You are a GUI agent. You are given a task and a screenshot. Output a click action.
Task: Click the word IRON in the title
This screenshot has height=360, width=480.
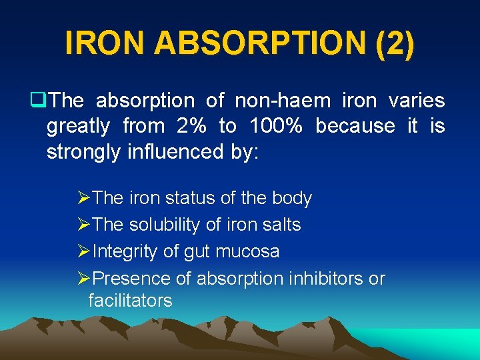(x=105, y=43)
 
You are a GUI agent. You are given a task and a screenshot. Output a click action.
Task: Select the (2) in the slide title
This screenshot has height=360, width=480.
(x=395, y=43)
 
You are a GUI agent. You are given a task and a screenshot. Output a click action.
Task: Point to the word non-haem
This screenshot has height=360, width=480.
(x=283, y=101)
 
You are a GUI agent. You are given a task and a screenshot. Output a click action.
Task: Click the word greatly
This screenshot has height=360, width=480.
(x=79, y=127)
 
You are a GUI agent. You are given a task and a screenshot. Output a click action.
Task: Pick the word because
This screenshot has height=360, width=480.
(x=355, y=126)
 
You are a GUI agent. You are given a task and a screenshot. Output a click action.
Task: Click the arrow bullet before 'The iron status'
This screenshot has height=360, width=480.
(x=83, y=198)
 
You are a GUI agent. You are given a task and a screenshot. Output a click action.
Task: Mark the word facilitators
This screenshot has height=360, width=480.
(x=130, y=301)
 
